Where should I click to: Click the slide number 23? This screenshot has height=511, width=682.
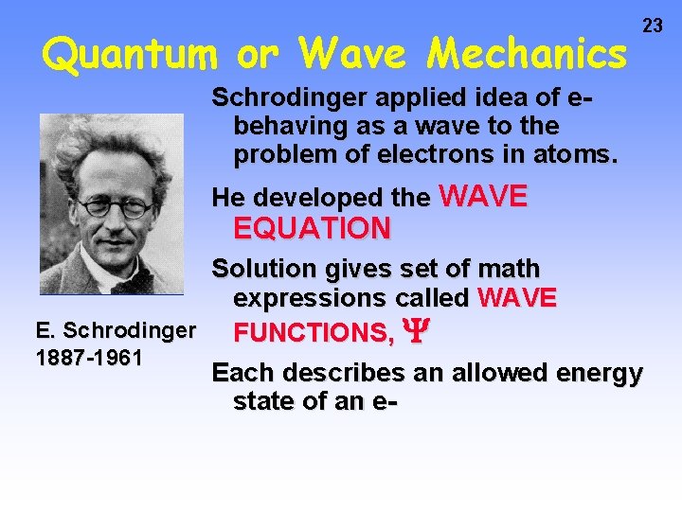pos(653,26)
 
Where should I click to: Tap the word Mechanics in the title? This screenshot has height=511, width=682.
pos(526,55)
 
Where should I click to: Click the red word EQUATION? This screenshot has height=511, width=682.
pos(312,228)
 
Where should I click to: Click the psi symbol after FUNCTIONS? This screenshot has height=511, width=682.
pos(412,332)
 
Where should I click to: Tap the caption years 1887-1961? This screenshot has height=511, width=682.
pos(88,358)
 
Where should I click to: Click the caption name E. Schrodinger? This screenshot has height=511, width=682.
pos(116,330)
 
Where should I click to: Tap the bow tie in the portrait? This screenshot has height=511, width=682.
pos(125,282)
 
